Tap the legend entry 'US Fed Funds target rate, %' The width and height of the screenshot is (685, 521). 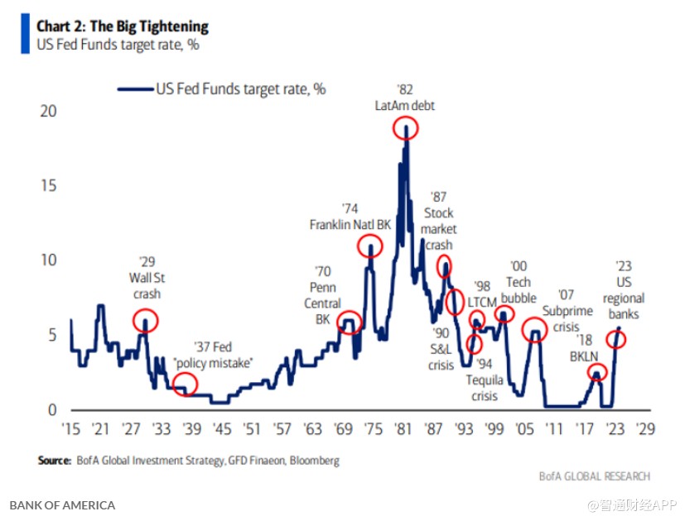tap(240, 89)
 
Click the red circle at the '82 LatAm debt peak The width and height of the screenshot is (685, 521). tap(406, 127)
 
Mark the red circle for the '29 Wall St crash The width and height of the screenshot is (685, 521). tap(145, 320)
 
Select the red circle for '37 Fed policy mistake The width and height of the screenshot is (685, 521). tap(186, 383)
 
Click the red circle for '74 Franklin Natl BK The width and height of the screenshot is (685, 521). tap(369, 246)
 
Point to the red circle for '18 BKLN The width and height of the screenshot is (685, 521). tap(597, 373)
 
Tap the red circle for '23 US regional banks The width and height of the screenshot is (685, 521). tap(617, 338)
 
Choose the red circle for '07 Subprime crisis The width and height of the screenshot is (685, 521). tap(535, 330)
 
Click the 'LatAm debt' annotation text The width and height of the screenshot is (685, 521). tap(404, 106)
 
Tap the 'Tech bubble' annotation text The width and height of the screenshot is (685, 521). tap(519, 290)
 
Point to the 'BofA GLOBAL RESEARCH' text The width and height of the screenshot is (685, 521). tap(594, 476)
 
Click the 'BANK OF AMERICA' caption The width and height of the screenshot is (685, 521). tap(62, 504)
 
